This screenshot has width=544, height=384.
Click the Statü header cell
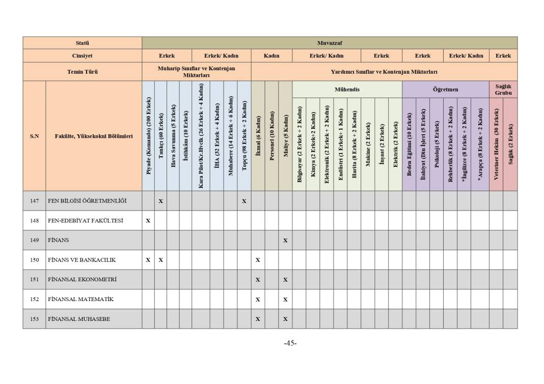(82, 43)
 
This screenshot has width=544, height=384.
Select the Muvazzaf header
(329, 43)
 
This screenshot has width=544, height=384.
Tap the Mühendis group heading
(347, 90)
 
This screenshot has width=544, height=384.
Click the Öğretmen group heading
(445, 90)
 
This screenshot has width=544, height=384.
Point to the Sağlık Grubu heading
(503, 90)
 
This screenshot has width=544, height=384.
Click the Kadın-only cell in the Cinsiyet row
(271, 56)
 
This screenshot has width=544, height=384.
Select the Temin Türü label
(82, 72)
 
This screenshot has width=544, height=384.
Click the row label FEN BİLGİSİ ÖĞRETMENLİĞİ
(87, 201)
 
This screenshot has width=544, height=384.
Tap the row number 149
(34, 240)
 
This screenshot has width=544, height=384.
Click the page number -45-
(290, 343)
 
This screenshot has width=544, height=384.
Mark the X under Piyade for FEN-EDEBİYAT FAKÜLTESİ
(148, 221)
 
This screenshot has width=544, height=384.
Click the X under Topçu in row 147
(244, 201)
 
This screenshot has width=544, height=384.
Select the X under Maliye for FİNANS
(285, 240)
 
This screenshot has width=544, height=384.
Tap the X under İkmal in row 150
(258, 260)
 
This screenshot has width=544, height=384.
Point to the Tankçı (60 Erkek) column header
(161, 136)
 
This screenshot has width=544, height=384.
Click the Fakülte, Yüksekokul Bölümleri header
(94, 136)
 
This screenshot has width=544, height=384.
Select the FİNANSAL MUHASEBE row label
(79, 319)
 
